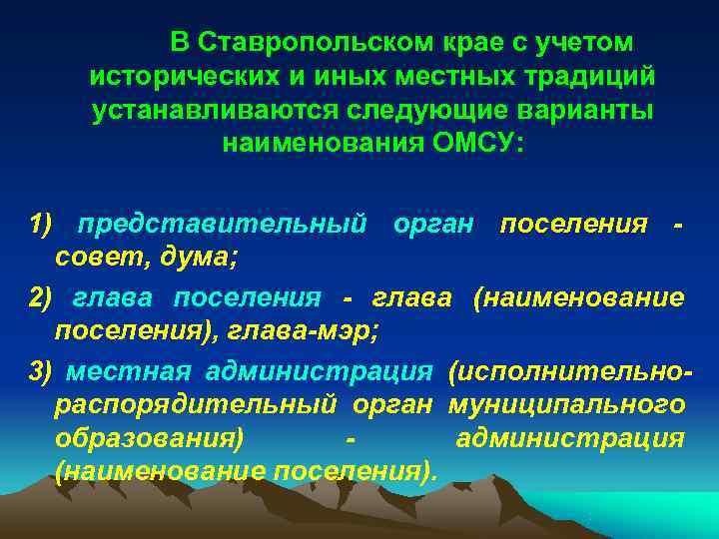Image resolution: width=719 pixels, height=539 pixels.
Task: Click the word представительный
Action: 222,226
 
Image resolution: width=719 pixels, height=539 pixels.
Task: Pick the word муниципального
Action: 566,405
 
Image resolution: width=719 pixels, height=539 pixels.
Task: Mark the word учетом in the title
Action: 587,43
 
